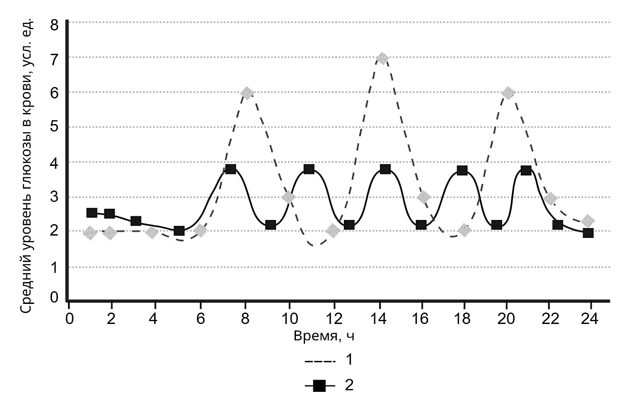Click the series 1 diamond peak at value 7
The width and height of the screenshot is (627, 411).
click(x=383, y=58)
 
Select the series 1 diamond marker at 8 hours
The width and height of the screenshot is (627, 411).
click(x=246, y=93)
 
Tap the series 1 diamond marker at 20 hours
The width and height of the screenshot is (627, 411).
click(x=508, y=93)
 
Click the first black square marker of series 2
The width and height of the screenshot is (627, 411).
click(x=92, y=213)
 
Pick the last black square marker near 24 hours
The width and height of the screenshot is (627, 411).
click(x=588, y=233)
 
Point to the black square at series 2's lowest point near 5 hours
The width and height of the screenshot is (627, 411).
click(x=179, y=231)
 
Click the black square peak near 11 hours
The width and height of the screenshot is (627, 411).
click(x=309, y=169)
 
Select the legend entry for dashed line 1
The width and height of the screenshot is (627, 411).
click(x=329, y=360)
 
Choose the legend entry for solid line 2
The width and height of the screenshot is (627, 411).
click(x=329, y=386)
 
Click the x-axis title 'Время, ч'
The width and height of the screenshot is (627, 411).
click(x=324, y=336)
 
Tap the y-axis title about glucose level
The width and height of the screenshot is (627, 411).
click(x=27, y=166)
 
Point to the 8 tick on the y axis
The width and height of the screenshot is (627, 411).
click(x=54, y=25)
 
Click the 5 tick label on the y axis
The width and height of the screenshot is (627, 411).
click(x=54, y=127)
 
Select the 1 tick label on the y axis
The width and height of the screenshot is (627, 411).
click(x=54, y=267)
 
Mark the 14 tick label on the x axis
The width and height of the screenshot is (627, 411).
click(x=379, y=319)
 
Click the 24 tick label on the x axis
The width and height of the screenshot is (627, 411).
click(x=590, y=319)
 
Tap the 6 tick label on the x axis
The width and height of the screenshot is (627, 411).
click(x=201, y=319)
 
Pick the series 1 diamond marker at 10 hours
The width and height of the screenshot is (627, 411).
click(x=289, y=197)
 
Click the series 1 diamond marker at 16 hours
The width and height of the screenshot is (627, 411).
click(x=424, y=197)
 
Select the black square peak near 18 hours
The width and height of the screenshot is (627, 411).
click(x=462, y=170)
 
